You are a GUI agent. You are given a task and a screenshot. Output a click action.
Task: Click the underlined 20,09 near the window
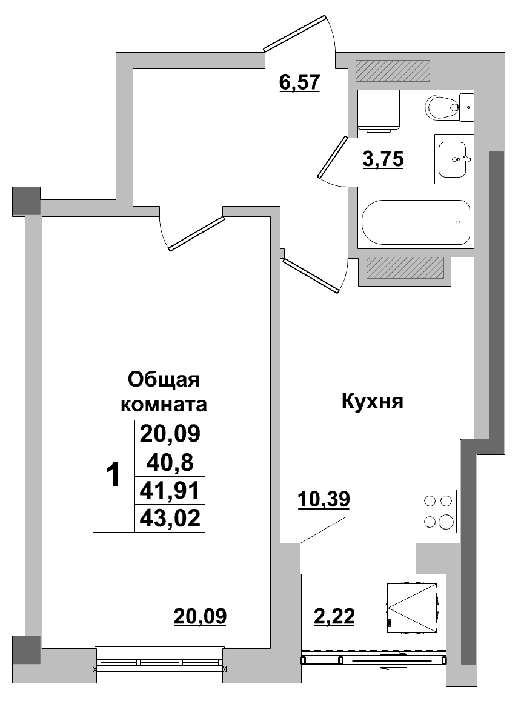(200, 616)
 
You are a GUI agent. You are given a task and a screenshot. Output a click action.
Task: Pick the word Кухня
(373, 401)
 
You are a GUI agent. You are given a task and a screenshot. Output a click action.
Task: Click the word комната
(165, 403)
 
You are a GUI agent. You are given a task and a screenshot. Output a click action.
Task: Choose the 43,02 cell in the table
(170, 519)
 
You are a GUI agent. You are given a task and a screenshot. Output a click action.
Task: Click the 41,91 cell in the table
(170, 490)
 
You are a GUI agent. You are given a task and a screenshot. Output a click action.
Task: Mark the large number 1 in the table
(113, 476)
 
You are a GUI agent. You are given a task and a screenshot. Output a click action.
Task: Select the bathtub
(416, 222)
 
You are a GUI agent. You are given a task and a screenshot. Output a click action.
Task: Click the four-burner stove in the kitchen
(438, 511)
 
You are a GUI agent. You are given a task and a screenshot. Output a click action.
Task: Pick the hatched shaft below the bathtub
(405, 267)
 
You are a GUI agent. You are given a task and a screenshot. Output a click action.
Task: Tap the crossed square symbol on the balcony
(412, 607)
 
